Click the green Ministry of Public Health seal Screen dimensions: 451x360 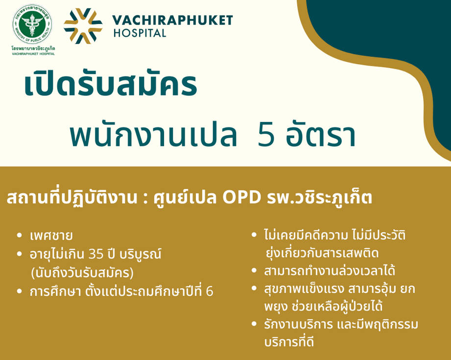pyautogui.click(x=32, y=24)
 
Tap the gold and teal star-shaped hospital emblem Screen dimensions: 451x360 pyautogui.click(x=83, y=26)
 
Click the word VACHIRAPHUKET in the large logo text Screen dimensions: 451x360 pyautogui.click(x=172, y=20)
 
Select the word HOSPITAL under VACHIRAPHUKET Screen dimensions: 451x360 pyautogui.click(x=140, y=33)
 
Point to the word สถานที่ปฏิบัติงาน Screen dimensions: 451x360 pyautogui.click(x=71, y=198)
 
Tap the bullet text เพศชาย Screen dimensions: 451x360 pyautogui.click(x=51, y=236)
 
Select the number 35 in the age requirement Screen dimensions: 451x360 pyautogui.click(x=96, y=254)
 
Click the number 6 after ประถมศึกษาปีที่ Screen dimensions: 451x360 pyautogui.click(x=210, y=291)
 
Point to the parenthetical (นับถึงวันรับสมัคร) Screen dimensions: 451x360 pyautogui.click(x=82, y=273)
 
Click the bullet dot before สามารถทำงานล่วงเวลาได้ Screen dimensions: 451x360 pyautogui.click(x=254, y=270)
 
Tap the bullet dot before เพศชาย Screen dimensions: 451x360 pyautogui.click(x=20, y=236)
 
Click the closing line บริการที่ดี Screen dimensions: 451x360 pyautogui.click(x=289, y=342)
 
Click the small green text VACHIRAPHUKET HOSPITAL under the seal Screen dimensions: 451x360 pyautogui.click(x=33, y=53)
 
